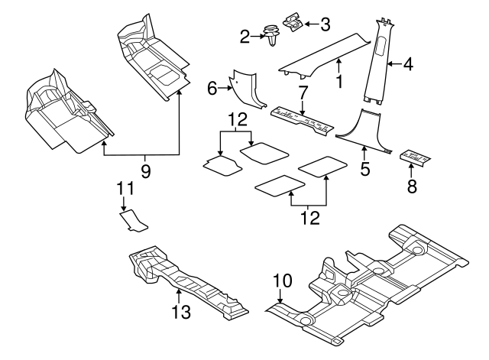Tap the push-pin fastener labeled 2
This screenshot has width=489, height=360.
point(270,35)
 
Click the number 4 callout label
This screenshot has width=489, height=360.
point(408,65)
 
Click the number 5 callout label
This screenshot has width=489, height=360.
point(365,167)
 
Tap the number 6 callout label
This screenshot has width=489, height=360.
point(212,89)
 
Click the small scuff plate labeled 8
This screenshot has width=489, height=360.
point(412,157)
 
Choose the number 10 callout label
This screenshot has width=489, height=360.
point(282,281)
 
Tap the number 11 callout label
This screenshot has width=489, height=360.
point(125,187)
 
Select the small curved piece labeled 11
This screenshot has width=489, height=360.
point(132,222)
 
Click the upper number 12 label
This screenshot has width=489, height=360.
point(238,118)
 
